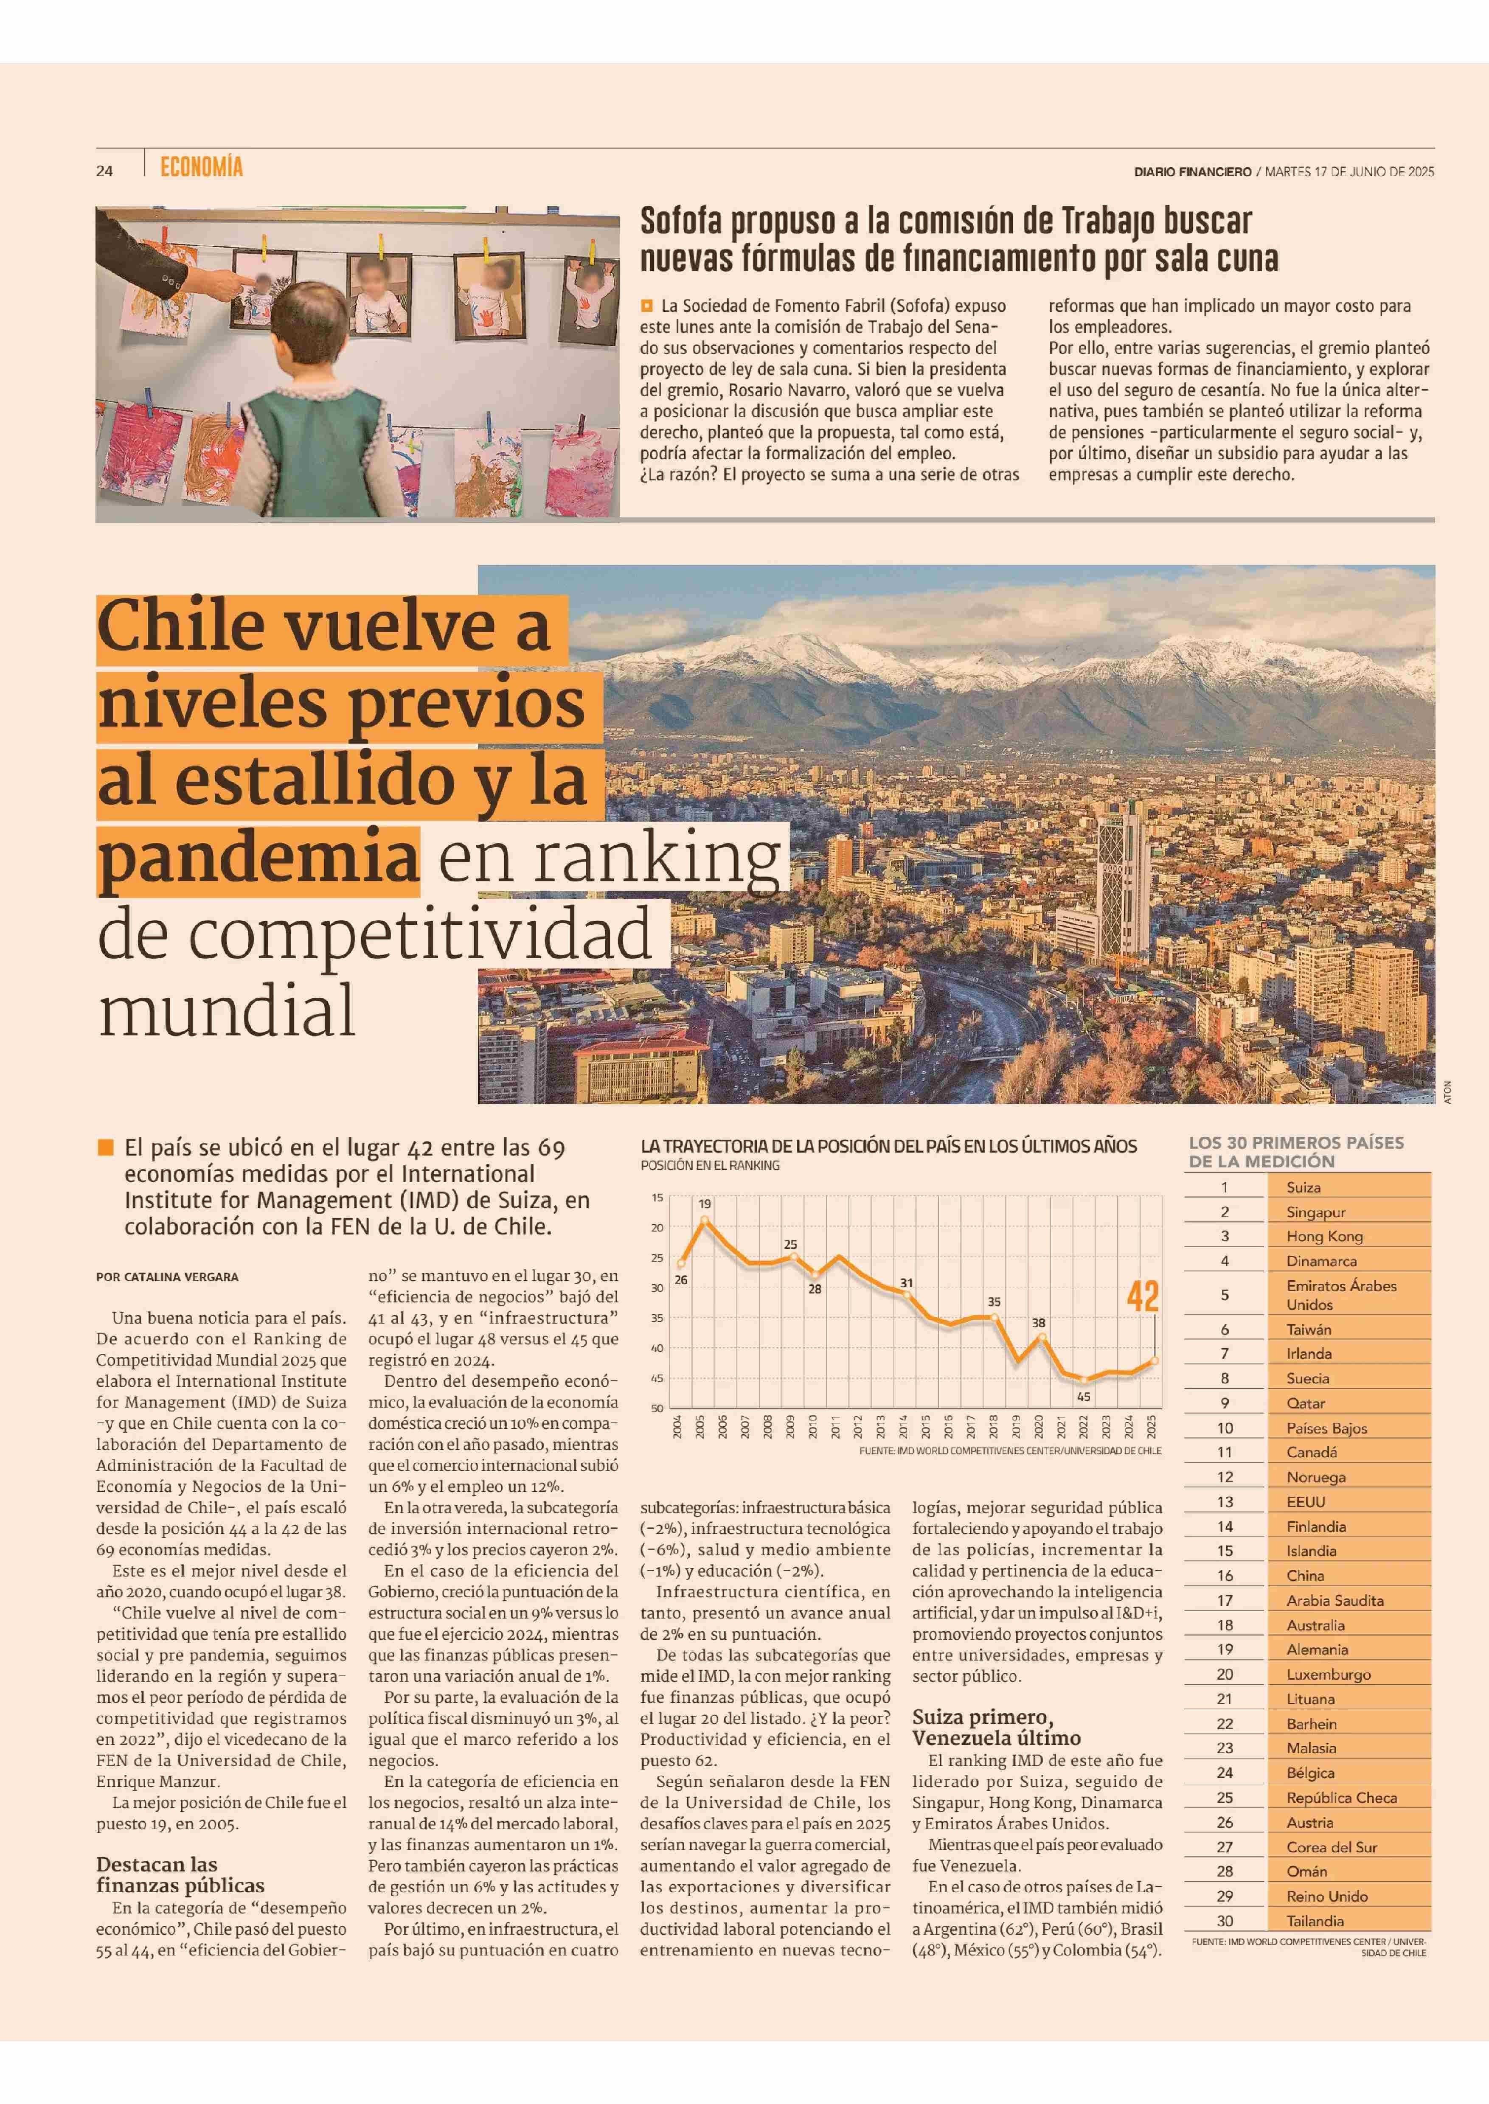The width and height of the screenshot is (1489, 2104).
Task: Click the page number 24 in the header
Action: click(104, 171)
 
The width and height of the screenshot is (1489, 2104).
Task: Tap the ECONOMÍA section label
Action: click(201, 168)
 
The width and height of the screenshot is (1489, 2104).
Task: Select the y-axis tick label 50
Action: click(657, 1408)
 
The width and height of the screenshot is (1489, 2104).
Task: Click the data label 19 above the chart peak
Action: click(704, 1204)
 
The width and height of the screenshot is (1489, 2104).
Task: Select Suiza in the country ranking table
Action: click(1303, 1187)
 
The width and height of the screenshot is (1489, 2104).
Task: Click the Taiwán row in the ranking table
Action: click(1308, 1330)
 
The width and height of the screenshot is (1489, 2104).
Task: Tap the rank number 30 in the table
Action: click(1225, 1921)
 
